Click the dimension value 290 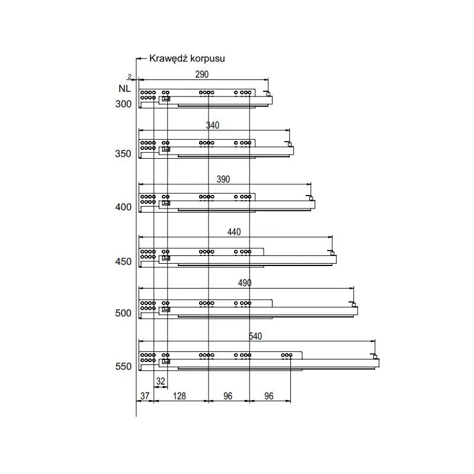click(x=202, y=75)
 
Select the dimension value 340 click(x=212, y=126)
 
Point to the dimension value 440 click(x=234, y=232)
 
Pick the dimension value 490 click(x=245, y=283)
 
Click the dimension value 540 click(x=255, y=337)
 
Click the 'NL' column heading click(x=124, y=89)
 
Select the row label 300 click(x=123, y=104)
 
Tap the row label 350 click(x=123, y=154)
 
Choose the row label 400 click(x=123, y=207)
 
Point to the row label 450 click(x=123, y=261)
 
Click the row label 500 click(x=123, y=313)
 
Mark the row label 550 click(x=123, y=367)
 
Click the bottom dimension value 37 click(x=145, y=396)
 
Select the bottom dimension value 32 click(x=161, y=382)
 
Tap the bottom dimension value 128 click(x=180, y=396)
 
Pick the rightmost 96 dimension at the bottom click(x=269, y=396)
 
